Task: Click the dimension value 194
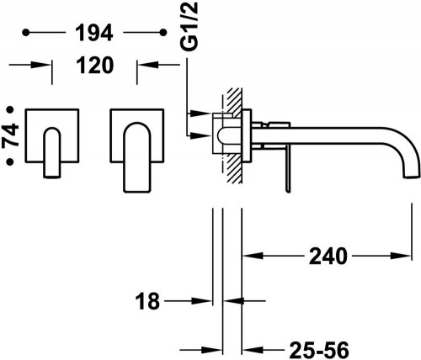[x=94, y=33]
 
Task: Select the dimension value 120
[x=95, y=65]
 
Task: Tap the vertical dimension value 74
[x=11, y=135]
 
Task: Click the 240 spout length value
[x=328, y=256]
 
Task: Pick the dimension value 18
[x=147, y=301]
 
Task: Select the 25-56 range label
[x=319, y=350]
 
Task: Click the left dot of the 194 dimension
[x=26, y=33]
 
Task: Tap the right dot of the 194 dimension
[x=163, y=33]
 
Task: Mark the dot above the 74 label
[x=10, y=109]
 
